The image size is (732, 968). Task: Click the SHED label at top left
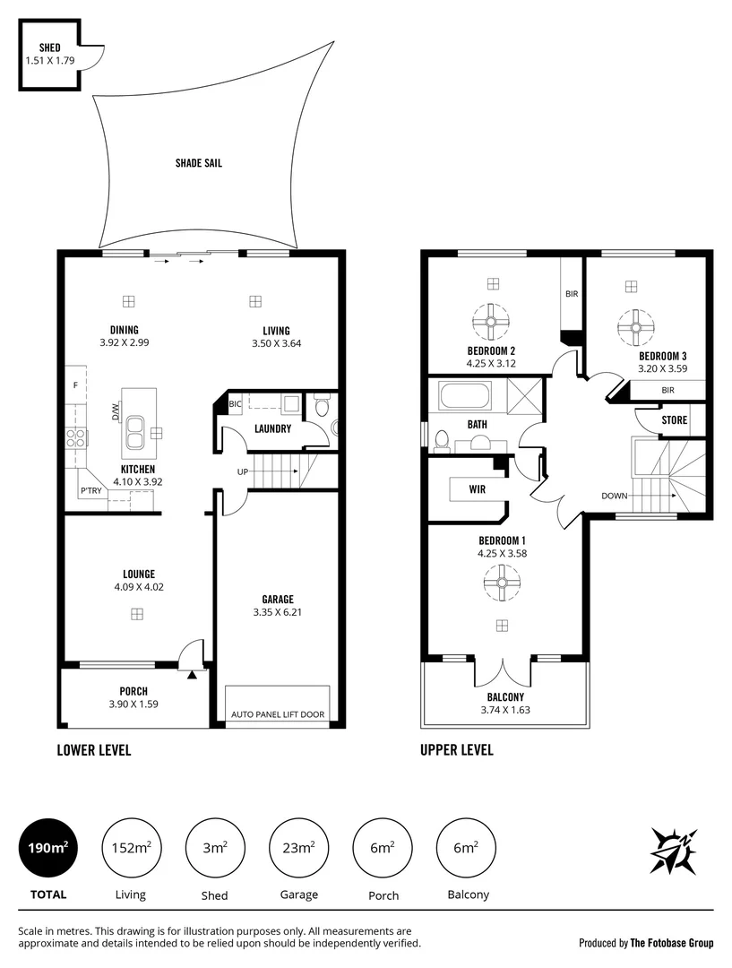pos(49,48)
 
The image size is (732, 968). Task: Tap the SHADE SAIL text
pos(199,163)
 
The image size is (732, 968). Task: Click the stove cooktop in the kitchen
pos(76,437)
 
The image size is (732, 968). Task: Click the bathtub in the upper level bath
pos(464,395)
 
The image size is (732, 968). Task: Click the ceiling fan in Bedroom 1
pos(503,587)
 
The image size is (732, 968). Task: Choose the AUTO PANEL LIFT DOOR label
pos(278,714)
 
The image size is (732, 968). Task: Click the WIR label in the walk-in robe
pos(477,489)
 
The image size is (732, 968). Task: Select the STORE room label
pos(675,419)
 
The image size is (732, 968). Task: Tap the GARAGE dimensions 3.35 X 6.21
pos(277,614)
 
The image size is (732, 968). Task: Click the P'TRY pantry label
pos(90,490)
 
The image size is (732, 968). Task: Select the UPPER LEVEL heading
pos(456,750)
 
